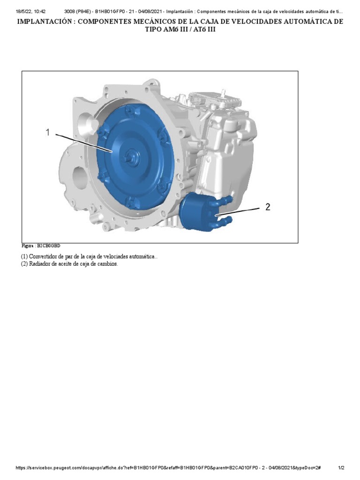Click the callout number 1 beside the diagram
pos(47,133)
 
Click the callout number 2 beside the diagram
pos(268,207)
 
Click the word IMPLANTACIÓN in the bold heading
pos(45,22)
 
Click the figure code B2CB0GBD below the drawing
pos(49,246)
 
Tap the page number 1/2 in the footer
pos(341,468)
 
